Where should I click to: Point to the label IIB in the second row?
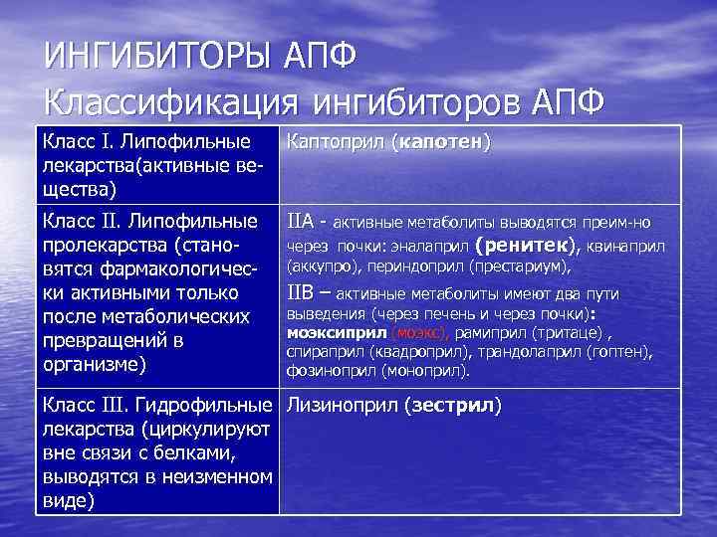pyautogui.click(x=302, y=293)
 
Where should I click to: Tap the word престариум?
pyautogui.click(x=523, y=268)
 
